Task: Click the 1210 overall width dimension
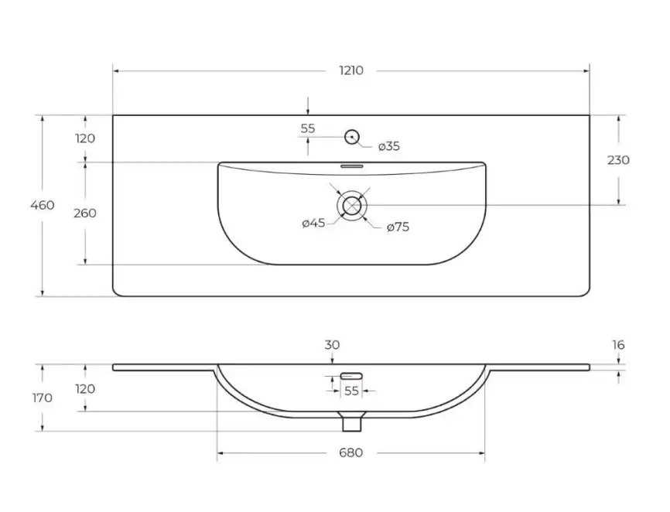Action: pos(351,70)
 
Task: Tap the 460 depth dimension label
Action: pos(43,206)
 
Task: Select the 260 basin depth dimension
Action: pos(85,213)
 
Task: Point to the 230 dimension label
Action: pos(618,160)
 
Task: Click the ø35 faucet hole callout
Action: pos(389,146)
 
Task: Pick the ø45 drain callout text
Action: pos(313,223)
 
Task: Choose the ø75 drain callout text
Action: pos(398,227)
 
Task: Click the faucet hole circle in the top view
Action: pos(352,137)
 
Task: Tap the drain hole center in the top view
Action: pos(352,207)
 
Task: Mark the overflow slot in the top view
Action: pos(352,166)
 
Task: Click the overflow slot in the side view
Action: pos(351,376)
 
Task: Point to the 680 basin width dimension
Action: pos(351,452)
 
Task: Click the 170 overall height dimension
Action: pos(43,398)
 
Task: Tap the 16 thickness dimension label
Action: pos(618,345)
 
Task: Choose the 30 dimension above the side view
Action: pos(332,345)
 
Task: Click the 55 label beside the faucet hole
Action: pos(308,128)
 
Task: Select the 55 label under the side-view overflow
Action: pos(351,391)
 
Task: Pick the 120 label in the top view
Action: pos(85,138)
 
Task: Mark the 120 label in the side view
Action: pos(85,389)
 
